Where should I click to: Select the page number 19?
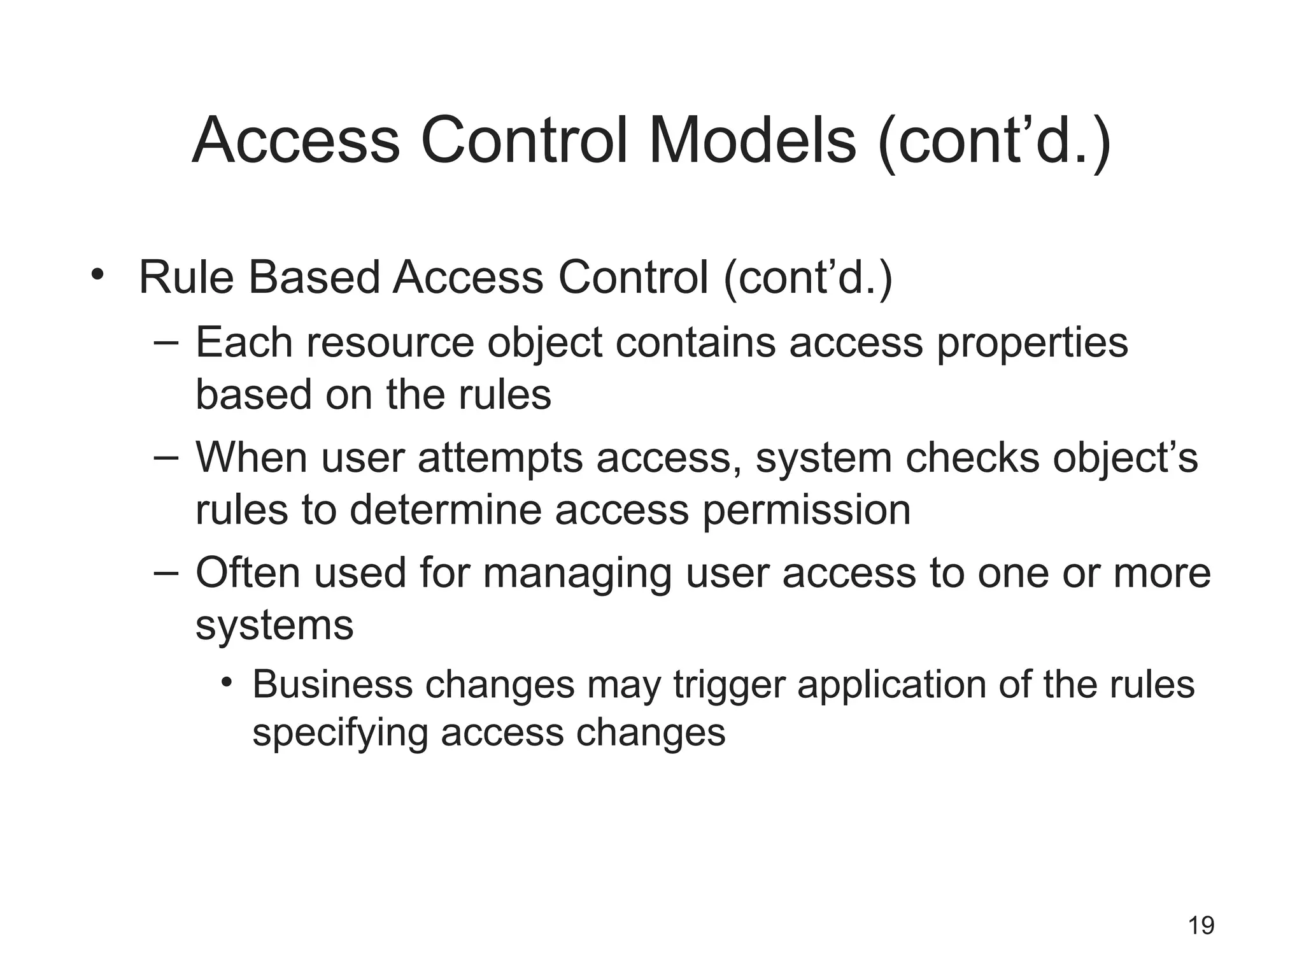coord(1201,925)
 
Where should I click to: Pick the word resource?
coord(390,343)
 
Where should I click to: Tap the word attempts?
coord(500,458)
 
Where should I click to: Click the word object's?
coord(1125,458)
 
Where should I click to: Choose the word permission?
coord(806,511)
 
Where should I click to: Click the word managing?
coord(577,574)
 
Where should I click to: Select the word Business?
coord(332,684)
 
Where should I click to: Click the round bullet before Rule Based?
coord(97,275)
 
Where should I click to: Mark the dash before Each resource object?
coord(166,343)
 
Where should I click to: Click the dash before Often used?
coord(166,572)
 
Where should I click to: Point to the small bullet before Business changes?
coord(227,683)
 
